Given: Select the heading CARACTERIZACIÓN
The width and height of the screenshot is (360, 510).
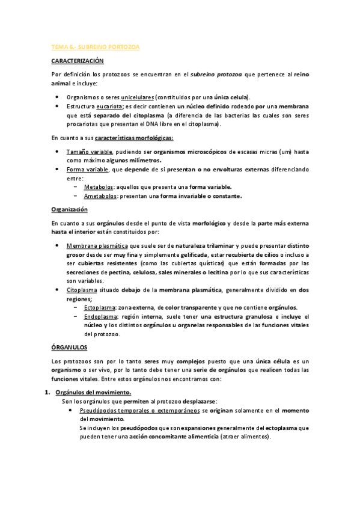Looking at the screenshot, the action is [x=78, y=61].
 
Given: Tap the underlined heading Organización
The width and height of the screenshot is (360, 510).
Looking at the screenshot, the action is [x=70, y=209].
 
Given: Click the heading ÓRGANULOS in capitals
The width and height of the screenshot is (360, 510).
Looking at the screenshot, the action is [x=69, y=348].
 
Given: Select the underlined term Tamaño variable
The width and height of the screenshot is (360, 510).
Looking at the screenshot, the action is [x=89, y=152].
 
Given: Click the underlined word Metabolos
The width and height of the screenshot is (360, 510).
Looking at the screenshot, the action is [x=99, y=187].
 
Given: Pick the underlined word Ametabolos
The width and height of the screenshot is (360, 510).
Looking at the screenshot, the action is [x=101, y=195].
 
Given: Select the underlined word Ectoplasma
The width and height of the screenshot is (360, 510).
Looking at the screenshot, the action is [x=100, y=307].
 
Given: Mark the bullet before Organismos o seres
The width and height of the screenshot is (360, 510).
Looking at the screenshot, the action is [x=56, y=97].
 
